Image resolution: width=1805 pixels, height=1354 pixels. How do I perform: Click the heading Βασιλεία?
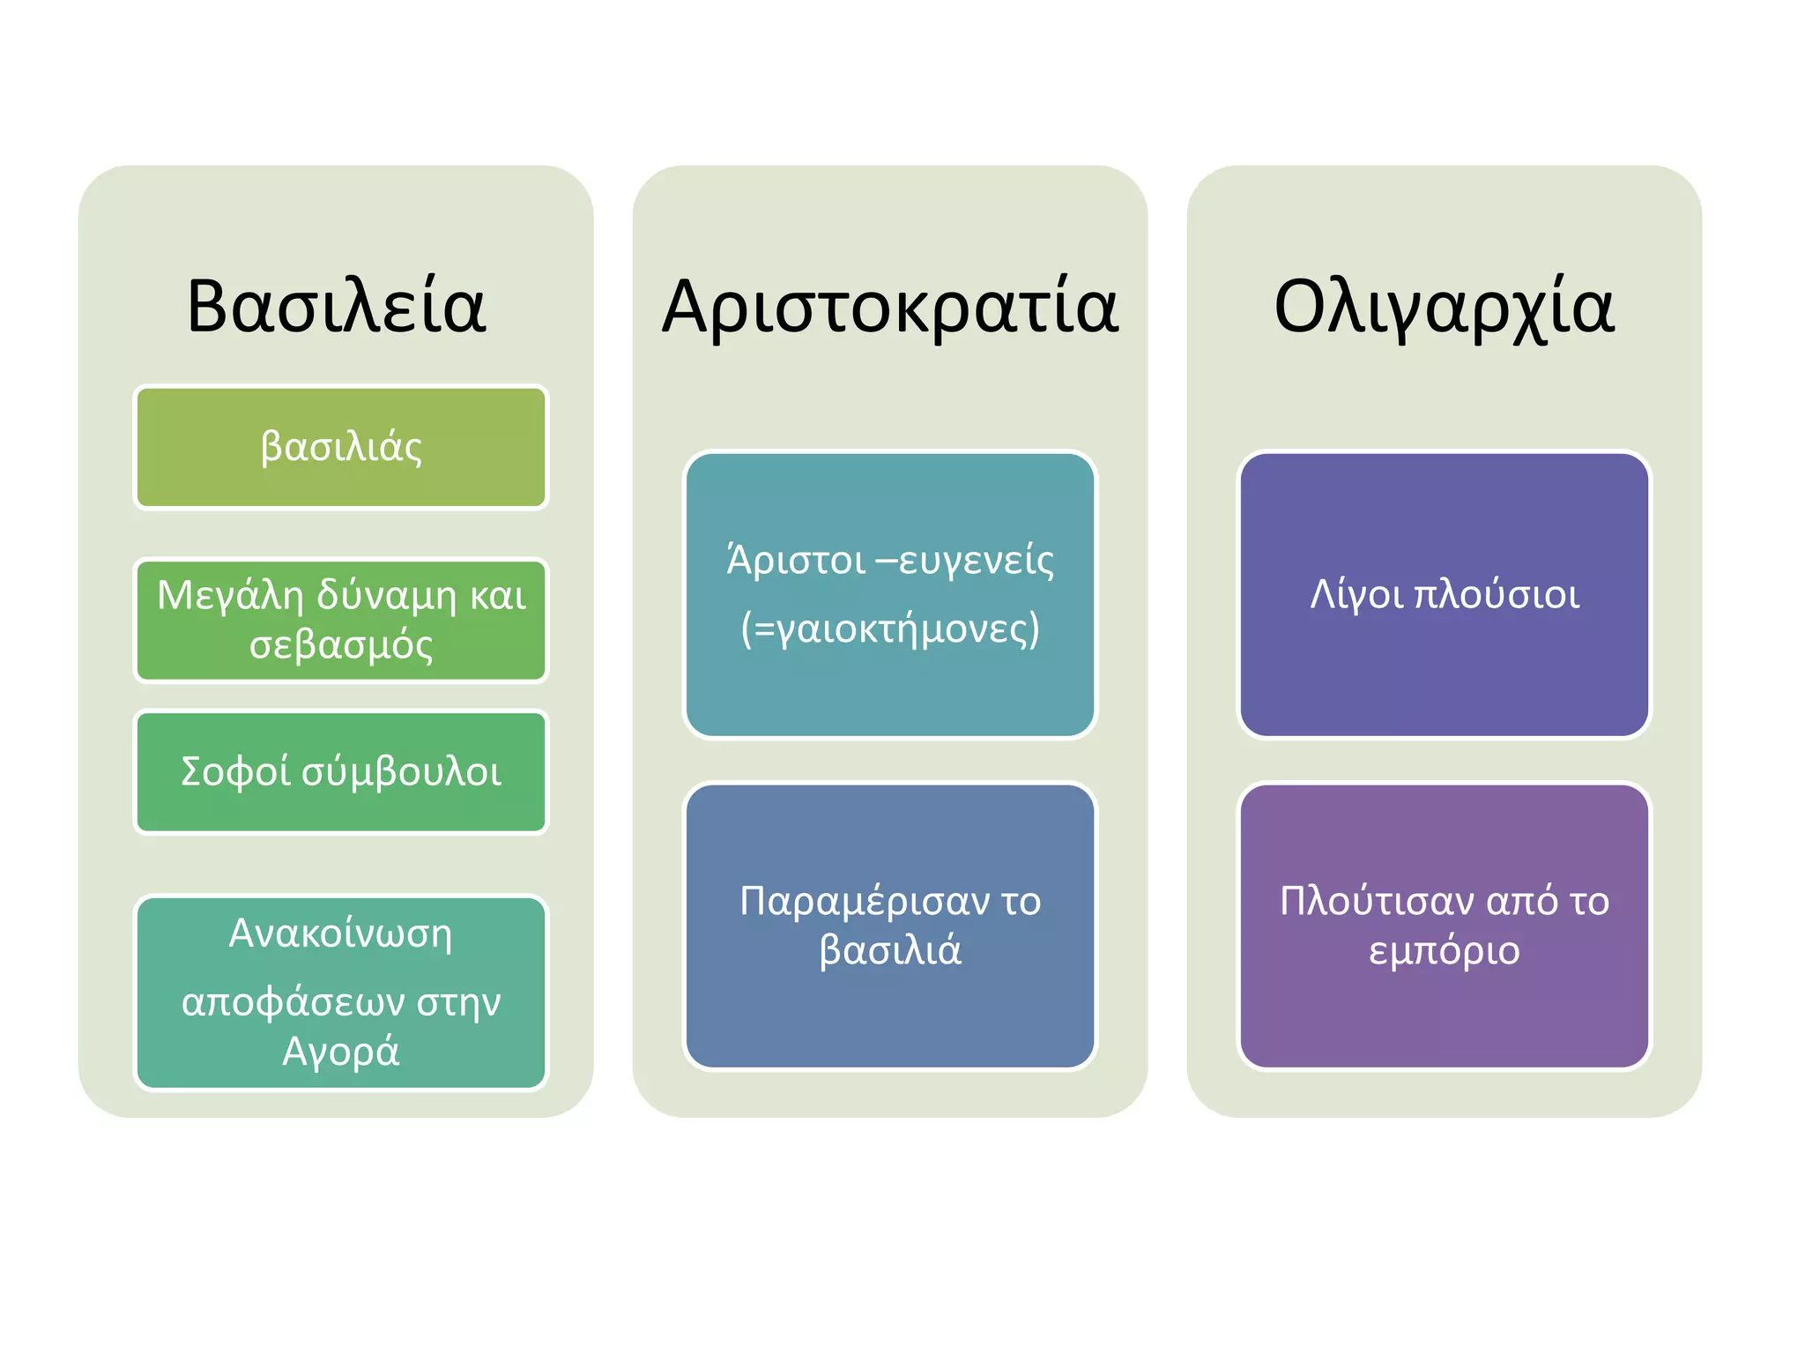coord(336,307)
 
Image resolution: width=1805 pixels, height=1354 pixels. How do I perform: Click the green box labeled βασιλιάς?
coord(341,447)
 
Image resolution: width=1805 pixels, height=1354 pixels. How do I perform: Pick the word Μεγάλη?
coord(231,597)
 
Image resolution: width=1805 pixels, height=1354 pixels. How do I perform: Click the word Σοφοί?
coord(234,771)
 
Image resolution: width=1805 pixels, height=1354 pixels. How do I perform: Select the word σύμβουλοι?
coord(402,773)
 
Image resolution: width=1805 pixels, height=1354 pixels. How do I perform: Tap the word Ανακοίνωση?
coord(340,934)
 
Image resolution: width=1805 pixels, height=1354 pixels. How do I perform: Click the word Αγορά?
coord(341,1052)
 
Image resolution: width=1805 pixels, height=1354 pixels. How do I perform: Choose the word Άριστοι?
coord(796,561)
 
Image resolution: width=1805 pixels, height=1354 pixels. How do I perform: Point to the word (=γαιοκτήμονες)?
coord(890,629)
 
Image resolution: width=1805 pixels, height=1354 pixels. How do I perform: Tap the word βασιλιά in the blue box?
coord(890,951)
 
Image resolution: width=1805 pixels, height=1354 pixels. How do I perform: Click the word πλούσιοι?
coord(1496,595)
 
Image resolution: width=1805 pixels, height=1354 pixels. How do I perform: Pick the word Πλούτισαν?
coord(1377,902)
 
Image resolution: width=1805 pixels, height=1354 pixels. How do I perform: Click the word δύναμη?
coord(387,597)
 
